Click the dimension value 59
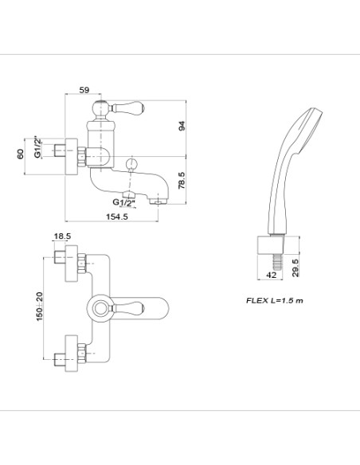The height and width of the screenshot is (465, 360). pos(84,89)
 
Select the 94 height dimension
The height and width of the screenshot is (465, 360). pos(182,126)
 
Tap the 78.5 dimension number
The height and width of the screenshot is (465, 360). pos(182,180)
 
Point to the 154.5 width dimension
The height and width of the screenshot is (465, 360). pos(117,217)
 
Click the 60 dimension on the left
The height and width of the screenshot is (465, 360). pos(20,154)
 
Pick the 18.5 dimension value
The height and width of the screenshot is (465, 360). pos(62,236)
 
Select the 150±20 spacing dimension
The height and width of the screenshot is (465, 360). pos(39,307)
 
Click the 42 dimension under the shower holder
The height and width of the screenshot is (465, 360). pos(271,275)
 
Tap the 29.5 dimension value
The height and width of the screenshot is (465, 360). pos(295,268)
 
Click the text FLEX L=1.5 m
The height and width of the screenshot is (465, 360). pos(275,300)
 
